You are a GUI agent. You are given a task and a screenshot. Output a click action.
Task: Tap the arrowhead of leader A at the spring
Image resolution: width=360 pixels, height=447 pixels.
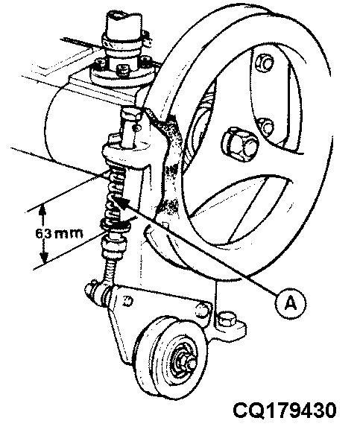click(124, 201)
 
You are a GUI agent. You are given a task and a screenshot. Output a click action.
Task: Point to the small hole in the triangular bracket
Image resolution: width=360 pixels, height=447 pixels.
click(128, 302)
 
